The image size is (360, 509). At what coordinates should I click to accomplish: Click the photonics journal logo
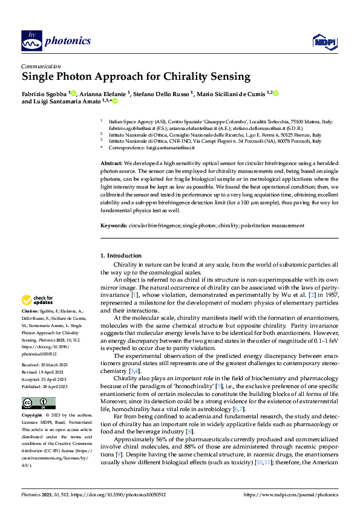(x=56, y=41)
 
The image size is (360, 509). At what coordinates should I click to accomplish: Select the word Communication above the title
(x=41, y=66)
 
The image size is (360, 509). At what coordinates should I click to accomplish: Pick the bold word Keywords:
(x=113, y=225)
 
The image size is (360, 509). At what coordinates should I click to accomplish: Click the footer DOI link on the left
(x=110, y=494)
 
